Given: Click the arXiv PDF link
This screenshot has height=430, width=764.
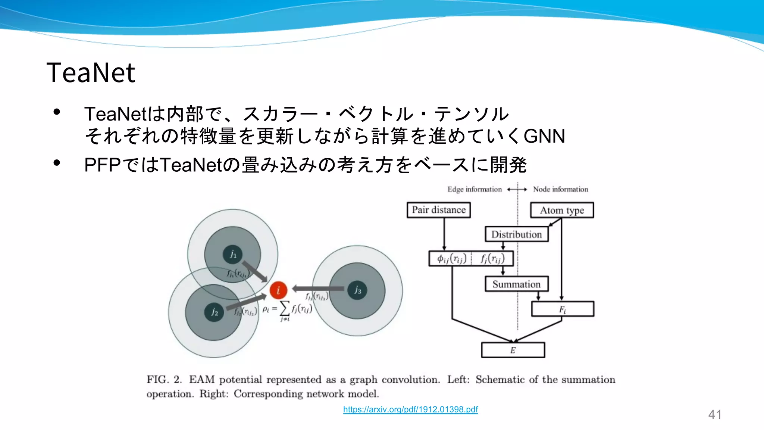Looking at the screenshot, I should tap(410, 409).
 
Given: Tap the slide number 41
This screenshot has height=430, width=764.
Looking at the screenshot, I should tap(714, 414).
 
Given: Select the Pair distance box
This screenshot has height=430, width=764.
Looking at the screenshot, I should tap(439, 210).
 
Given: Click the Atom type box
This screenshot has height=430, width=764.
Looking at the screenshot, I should tap(562, 211).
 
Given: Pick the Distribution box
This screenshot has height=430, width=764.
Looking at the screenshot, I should tap(517, 234).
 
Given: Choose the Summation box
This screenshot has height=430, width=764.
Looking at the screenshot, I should tap(517, 284).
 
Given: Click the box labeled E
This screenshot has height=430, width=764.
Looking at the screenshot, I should tap(513, 350).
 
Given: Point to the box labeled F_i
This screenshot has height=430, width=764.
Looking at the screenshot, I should tap(563, 309).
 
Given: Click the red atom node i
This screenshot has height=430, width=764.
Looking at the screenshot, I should tap(278, 290).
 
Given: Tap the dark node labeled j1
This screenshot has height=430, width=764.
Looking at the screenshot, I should tap(232, 255).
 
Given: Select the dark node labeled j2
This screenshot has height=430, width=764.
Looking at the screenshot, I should tap(214, 312).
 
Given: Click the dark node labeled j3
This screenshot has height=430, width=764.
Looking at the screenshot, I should tap(357, 290).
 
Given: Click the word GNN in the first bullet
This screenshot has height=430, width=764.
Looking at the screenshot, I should tap(544, 136).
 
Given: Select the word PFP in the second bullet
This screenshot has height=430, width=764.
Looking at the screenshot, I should tap(103, 165).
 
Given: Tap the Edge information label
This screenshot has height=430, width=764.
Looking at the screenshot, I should tap(475, 190).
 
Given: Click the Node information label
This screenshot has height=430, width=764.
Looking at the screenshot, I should tap(560, 190).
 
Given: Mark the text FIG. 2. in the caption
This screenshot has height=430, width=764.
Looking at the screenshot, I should tap(164, 380).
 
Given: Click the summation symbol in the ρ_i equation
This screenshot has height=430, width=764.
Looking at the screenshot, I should tap(285, 308).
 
